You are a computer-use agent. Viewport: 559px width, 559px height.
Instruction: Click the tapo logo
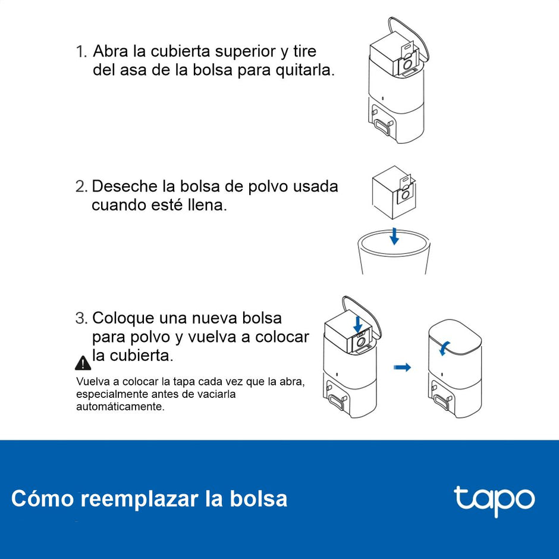click(x=494, y=500)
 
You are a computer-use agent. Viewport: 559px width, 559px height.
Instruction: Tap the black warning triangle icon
click(x=83, y=362)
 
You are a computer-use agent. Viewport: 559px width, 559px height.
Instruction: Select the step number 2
click(x=81, y=187)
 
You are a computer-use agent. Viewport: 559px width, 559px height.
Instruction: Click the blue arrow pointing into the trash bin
click(x=394, y=236)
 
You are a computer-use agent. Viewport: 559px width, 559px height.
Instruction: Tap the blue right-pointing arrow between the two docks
click(x=403, y=368)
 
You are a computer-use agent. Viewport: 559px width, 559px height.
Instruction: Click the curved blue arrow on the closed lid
click(x=444, y=348)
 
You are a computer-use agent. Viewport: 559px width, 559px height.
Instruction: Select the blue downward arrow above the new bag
click(x=357, y=324)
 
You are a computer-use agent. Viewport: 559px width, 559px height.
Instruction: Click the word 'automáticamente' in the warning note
click(x=120, y=407)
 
